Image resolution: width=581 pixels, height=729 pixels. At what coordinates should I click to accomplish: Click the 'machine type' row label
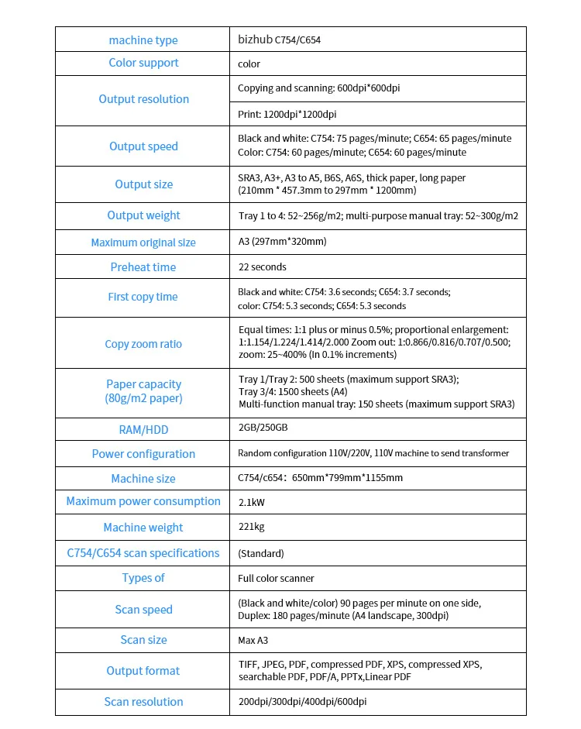click(x=143, y=40)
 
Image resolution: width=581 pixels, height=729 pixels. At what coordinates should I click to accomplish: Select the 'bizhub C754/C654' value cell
click(x=279, y=40)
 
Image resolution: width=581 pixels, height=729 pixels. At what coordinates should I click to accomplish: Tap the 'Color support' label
click(x=143, y=63)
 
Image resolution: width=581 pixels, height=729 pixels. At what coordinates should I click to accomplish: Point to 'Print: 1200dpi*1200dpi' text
click(x=287, y=115)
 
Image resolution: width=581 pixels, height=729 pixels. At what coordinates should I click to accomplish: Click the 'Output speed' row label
click(x=143, y=146)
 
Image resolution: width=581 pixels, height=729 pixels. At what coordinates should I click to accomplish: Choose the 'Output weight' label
click(x=143, y=215)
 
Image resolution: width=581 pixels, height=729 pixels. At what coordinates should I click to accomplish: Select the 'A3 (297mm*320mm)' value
click(x=282, y=242)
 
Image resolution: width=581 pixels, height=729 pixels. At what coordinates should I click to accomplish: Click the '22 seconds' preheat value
click(x=262, y=267)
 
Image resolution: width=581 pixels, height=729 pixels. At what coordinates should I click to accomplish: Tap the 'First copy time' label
click(x=143, y=297)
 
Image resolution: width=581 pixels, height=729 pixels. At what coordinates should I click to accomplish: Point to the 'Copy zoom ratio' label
click(x=143, y=344)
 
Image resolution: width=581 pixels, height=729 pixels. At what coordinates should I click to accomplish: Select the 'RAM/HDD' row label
click(x=143, y=429)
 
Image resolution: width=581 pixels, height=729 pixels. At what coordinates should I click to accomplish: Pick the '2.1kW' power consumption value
click(x=251, y=502)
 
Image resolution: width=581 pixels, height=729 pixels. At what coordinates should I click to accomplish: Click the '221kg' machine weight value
click(x=251, y=527)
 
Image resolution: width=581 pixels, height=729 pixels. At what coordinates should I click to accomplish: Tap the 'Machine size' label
click(x=143, y=479)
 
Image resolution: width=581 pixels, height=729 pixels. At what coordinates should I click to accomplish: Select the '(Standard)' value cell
click(x=261, y=553)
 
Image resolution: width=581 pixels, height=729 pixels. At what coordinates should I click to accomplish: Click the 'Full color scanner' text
click(x=276, y=578)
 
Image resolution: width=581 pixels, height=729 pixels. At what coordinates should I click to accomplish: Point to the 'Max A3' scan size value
click(x=253, y=640)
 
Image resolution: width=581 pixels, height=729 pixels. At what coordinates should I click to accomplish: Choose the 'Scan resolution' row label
click(x=143, y=702)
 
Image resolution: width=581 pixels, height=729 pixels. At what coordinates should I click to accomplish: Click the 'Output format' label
click(x=143, y=671)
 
